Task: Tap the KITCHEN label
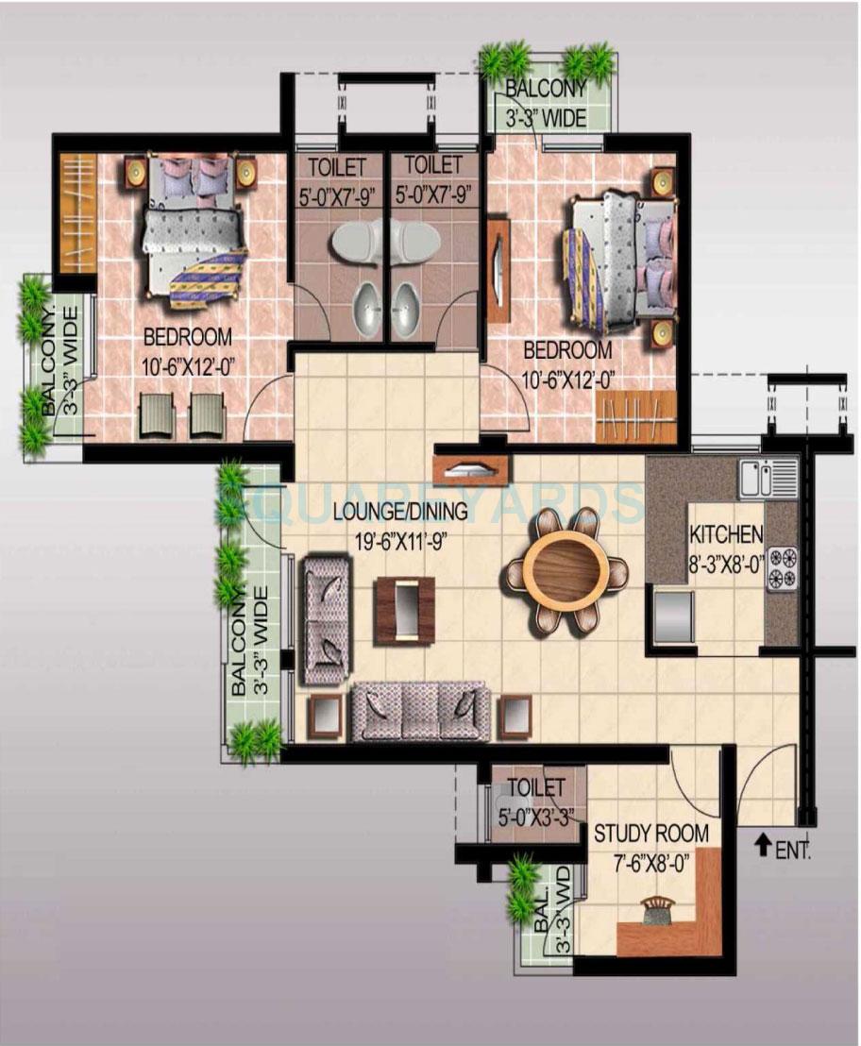[x=726, y=534]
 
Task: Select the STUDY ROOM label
[x=650, y=834]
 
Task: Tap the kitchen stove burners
[x=783, y=568]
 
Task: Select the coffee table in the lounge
[x=404, y=609]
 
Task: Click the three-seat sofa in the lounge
[x=420, y=711]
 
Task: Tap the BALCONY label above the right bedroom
[x=546, y=90]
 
